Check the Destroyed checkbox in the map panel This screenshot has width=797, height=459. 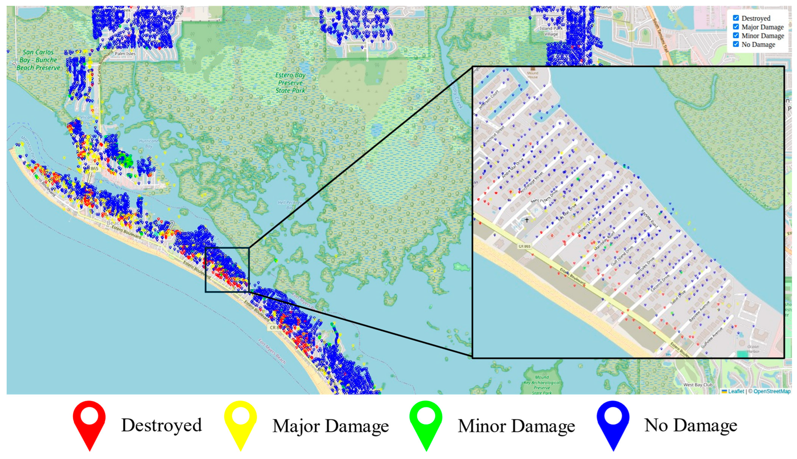(736, 18)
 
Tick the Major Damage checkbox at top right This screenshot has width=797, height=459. (736, 27)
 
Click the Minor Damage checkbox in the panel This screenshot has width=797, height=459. (736, 35)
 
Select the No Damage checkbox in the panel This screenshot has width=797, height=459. (736, 44)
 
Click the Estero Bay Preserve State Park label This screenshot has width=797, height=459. (290, 83)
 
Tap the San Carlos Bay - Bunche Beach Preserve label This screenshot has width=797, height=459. (38, 60)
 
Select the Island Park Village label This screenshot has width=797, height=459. (551, 31)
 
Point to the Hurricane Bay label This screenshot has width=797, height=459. (148, 144)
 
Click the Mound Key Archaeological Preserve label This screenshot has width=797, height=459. (542, 385)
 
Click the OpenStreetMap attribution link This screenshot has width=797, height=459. (772, 391)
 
